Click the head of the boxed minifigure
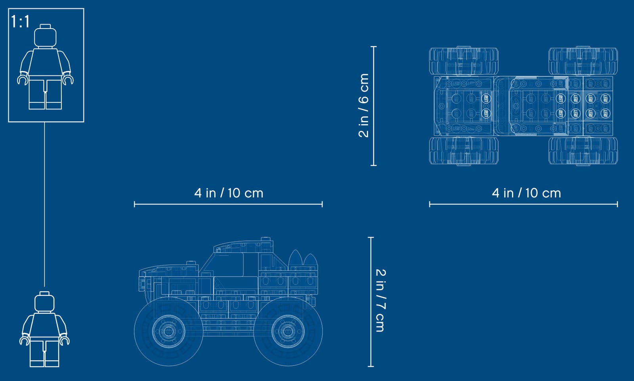pyautogui.click(x=45, y=36)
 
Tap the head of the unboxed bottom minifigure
pyautogui.click(x=44, y=302)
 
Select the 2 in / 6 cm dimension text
pyautogui.click(x=364, y=106)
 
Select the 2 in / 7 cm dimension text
pyautogui.click(x=380, y=300)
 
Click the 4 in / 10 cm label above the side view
pyautogui.click(x=229, y=193)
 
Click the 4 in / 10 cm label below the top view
pyautogui.click(x=526, y=193)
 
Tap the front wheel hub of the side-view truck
pyautogui.click(x=168, y=331)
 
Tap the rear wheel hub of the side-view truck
pyautogui.click(x=288, y=331)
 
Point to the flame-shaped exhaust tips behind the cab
pyautogui.click(x=303, y=258)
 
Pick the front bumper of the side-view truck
pyautogui.click(x=142, y=283)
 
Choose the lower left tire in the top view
pyautogui.click(x=464, y=151)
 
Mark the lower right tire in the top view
pyautogui.click(x=583, y=151)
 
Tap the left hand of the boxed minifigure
pyautogui.click(x=22, y=80)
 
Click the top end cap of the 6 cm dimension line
pyautogui.click(x=373, y=46)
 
